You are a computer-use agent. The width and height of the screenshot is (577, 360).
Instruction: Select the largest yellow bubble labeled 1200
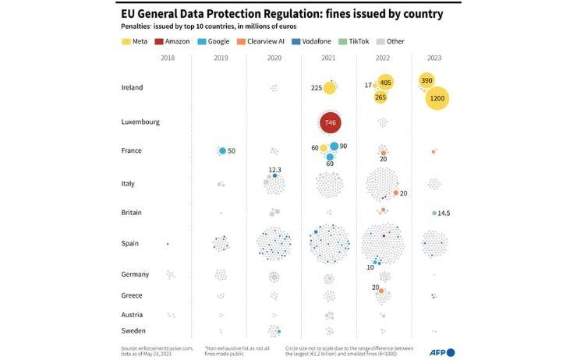point(437,99)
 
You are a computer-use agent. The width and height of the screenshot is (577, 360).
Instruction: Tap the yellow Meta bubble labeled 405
point(385,83)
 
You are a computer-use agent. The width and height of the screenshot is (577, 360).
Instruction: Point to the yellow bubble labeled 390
point(427,81)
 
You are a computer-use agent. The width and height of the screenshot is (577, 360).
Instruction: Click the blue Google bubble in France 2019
point(222,150)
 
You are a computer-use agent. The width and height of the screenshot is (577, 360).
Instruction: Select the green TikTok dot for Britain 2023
point(434,213)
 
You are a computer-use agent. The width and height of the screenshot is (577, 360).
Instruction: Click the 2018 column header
point(168,58)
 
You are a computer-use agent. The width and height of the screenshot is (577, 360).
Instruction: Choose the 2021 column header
point(329,58)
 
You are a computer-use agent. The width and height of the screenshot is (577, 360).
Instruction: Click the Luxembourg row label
point(140,122)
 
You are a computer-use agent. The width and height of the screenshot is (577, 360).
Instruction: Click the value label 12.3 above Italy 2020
point(274,169)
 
